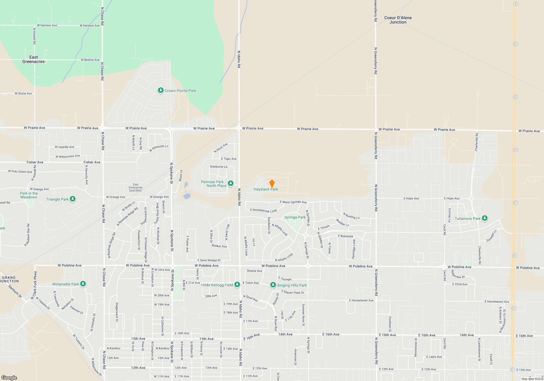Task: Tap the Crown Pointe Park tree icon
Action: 161,90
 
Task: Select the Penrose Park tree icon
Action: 231,183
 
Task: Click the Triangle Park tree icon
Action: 73,199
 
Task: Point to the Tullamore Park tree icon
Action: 484,218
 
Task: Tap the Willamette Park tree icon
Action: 83,284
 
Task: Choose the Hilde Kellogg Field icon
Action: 237,285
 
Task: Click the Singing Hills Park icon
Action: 273,285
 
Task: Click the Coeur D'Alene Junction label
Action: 398,20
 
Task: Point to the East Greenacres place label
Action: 33,59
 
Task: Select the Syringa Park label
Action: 295,217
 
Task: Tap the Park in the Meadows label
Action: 29,195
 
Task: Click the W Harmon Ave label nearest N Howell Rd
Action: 47,25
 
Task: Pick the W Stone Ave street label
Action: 23,93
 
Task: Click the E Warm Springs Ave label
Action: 293,202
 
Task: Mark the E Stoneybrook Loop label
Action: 263,210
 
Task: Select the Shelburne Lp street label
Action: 218,167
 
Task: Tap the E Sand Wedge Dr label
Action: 209,260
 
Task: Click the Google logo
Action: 9,377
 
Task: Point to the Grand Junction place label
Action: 10,279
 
